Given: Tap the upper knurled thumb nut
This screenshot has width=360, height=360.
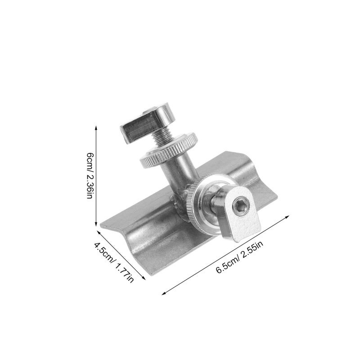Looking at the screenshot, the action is pyautogui.click(x=168, y=150).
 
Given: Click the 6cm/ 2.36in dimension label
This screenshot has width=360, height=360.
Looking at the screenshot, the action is pyautogui.click(x=90, y=175).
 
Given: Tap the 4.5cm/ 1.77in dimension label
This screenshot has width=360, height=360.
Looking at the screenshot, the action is pyautogui.click(x=114, y=262).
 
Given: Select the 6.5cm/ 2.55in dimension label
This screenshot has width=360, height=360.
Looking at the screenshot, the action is pyautogui.click(x=239, y=257).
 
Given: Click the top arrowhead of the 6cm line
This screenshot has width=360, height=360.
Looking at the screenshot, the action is pyautogui.click(x=96, y=127).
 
